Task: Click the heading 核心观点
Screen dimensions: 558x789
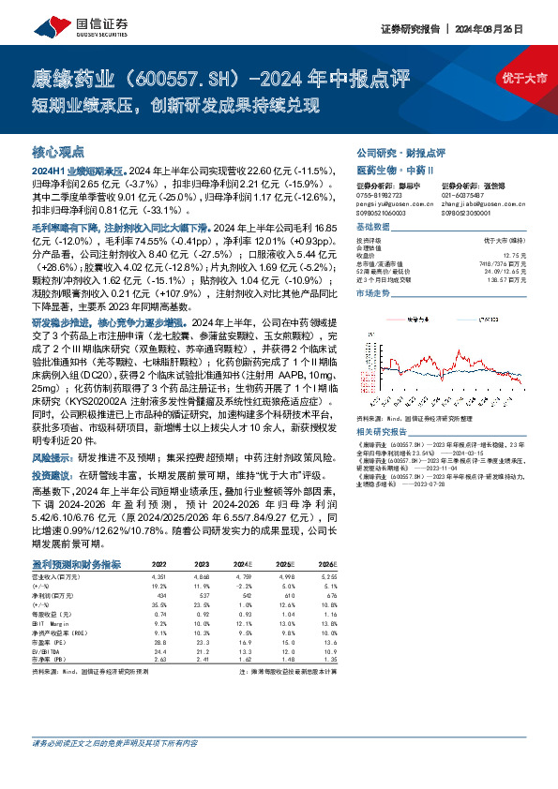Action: coord(58,152)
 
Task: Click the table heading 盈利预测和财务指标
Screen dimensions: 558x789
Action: coord(76,564)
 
